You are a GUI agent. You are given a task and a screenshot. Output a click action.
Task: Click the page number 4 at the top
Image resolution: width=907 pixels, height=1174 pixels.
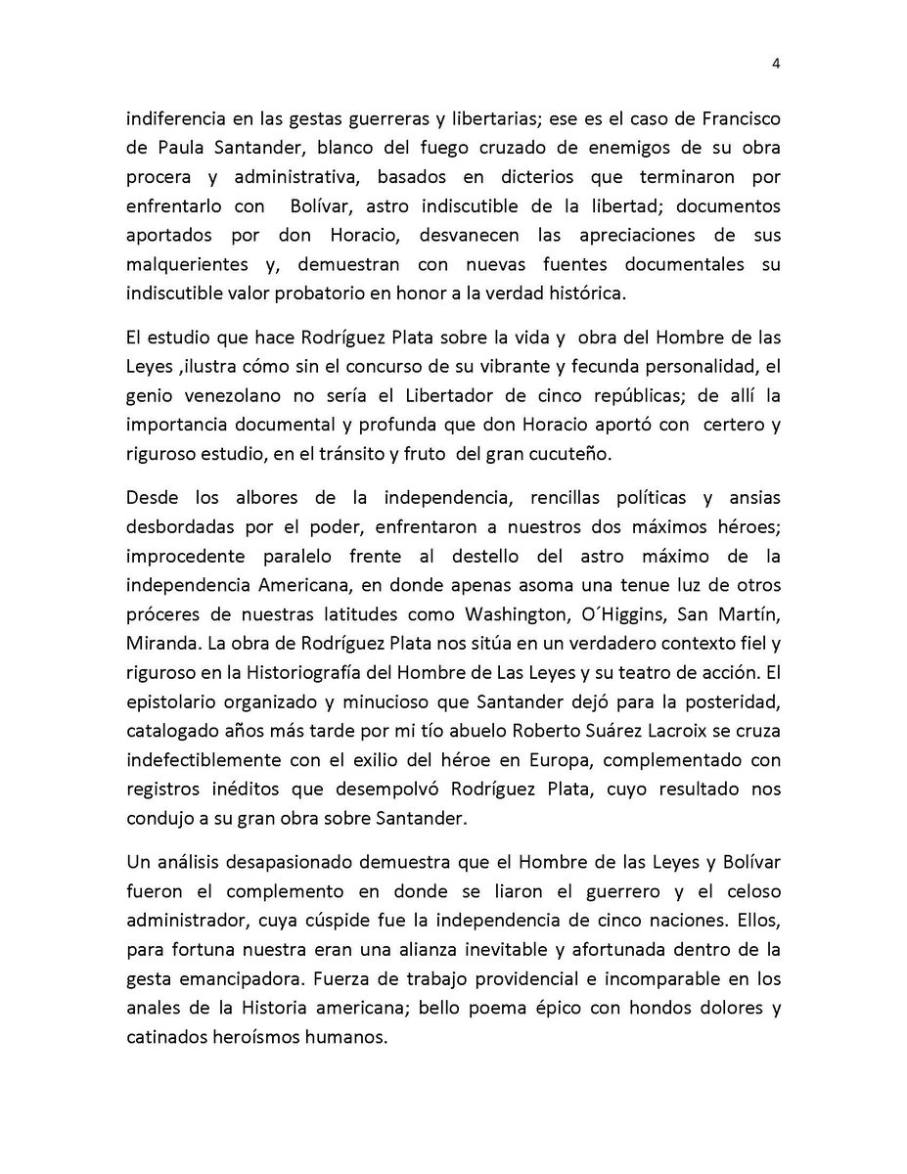click(775, 66)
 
